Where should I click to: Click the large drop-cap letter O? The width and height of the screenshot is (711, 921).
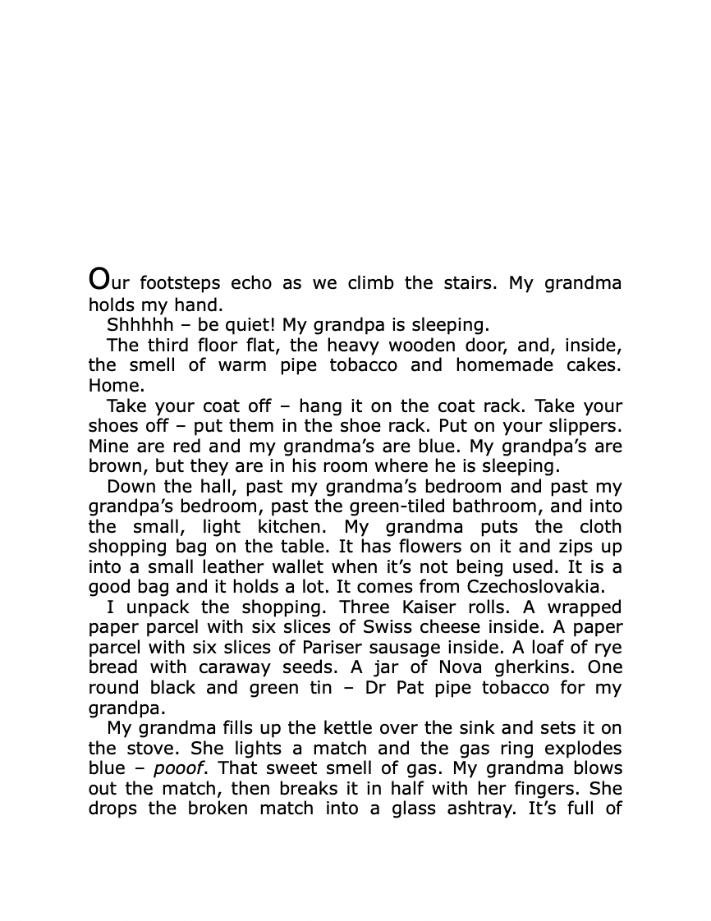tap(99, 279)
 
